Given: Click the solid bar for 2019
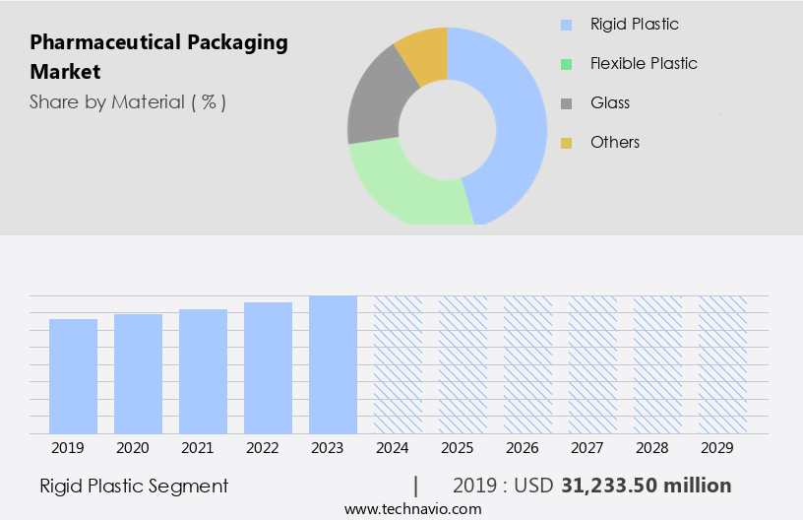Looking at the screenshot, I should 73,376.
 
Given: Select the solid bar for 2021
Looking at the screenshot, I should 203,371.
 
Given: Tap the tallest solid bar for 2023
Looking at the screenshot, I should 333,364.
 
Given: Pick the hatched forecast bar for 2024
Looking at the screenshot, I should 398,364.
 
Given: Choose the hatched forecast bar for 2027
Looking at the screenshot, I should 592,364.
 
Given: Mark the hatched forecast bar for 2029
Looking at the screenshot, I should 722,364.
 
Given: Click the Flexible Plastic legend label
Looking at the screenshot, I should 644,63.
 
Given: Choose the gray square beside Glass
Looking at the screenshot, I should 566,103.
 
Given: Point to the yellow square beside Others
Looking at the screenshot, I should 566,143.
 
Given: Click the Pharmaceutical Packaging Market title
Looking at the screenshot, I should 158,56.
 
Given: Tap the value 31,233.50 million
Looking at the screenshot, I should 646,486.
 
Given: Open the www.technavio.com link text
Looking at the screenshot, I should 412,509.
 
